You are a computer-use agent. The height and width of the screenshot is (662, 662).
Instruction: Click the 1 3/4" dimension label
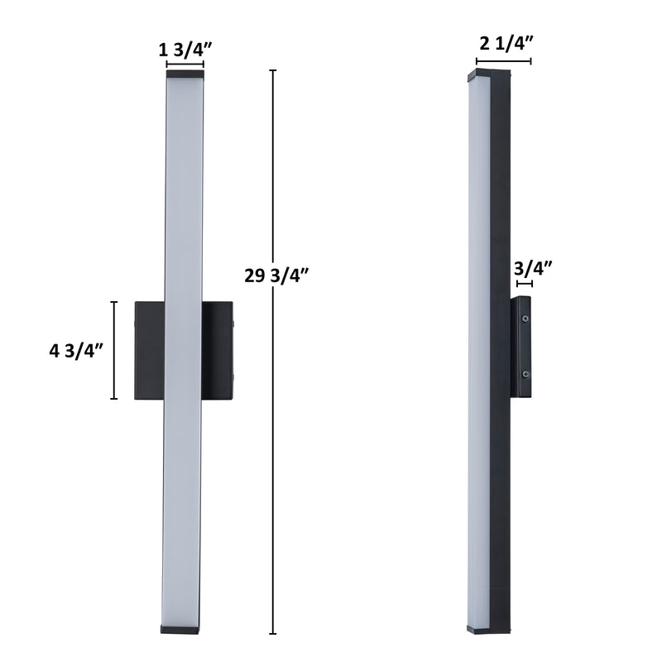[185, 50]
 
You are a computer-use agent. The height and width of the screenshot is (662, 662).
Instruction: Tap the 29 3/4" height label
[276, 276]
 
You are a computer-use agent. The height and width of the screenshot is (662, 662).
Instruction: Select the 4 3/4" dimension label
[76, 350]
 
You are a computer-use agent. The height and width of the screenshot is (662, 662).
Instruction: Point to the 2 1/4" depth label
[506, 43]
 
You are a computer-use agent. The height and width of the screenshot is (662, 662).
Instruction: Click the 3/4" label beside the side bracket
[533, 268]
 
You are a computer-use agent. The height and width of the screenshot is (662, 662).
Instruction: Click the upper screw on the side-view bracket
[525, 319]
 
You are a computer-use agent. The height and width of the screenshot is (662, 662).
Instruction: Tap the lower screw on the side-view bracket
[525, 374]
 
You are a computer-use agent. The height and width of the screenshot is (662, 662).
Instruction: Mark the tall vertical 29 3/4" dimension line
[273, 352]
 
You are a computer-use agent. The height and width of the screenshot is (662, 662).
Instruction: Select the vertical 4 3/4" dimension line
[114, 350]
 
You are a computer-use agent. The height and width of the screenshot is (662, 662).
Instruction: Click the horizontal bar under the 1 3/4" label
[185, 65]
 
